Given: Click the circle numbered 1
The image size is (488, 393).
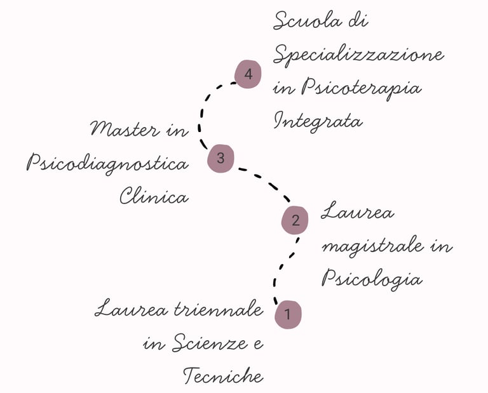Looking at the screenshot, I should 288,314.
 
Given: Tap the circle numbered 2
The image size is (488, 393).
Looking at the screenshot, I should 295,220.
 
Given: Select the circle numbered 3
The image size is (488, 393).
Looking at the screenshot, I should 220,158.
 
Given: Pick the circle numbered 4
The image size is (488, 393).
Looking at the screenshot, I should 248,74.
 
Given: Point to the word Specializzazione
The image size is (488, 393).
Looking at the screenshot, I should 358,56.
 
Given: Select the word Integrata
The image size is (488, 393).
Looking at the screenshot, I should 318,121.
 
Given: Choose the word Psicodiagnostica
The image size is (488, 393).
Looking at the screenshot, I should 107,164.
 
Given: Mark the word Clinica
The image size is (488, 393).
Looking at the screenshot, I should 154,196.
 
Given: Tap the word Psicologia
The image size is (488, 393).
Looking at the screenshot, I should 371,278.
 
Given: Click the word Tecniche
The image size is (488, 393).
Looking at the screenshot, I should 223,376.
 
